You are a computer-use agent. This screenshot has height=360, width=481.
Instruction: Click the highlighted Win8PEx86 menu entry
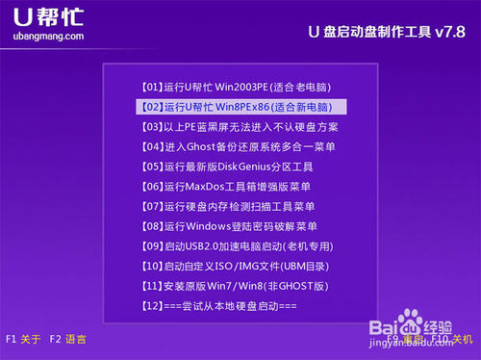point(240,106)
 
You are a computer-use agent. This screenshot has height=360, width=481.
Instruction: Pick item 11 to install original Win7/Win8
point(235,286)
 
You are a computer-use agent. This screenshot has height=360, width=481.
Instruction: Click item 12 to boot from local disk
point(218,306)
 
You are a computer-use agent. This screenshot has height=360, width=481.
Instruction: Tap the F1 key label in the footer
point(12,339)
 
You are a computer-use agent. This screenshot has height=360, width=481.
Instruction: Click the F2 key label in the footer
point(56,339)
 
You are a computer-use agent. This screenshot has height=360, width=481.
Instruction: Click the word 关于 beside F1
point(32,339)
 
